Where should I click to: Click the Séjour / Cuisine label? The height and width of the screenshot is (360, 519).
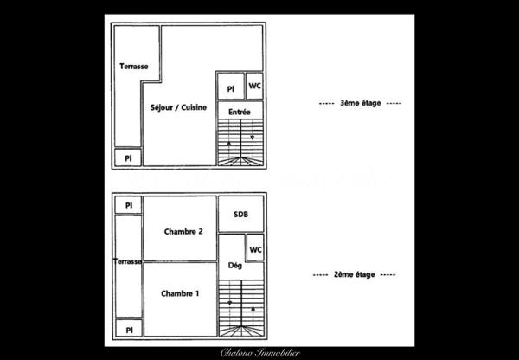177,106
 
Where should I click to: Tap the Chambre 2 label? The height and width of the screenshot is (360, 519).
183,231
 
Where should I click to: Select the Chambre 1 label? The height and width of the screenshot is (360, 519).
180,293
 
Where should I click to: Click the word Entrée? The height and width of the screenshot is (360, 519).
240,112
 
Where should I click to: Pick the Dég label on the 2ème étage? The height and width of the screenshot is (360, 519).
234,266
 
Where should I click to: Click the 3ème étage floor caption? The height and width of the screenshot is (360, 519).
361,103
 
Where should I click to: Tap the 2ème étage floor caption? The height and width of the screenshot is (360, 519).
352,274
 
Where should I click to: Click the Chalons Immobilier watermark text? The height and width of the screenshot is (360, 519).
259,352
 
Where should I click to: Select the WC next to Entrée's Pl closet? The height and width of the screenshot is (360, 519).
254,86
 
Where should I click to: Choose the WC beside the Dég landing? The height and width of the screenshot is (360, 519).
255,249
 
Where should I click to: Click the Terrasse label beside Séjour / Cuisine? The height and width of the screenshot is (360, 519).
134,66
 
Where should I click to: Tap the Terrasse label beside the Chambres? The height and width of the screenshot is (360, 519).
128,261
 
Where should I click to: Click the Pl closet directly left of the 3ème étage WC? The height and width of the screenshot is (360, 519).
230,89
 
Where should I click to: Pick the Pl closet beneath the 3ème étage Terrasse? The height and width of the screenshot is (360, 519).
128,158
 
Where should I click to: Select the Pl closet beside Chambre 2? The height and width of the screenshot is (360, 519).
128,205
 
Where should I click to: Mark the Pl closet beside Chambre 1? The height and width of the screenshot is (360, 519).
128,331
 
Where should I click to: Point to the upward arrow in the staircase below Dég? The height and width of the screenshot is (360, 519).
253,307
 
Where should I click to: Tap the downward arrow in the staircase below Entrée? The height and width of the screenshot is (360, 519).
252,138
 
